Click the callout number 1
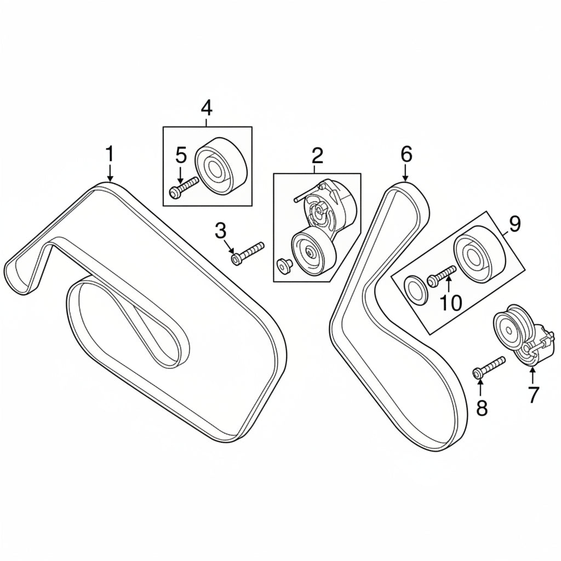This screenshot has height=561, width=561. pyautogui.click(x=110, y=154)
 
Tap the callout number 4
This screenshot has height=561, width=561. pyautogui.click(x=207, y=108)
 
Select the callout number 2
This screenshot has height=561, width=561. pyautogui.click(x=317, y=155)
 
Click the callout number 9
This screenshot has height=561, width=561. pyautogui.click(x=514, y=224)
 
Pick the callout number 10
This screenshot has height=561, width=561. pyautogui.click(x=450, y=304)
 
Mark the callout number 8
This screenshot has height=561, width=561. pyautogui.click(x=482, y=408)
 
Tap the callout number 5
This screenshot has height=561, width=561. pyautogui.click(x=181, y=156)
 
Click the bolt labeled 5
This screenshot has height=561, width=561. pyautogui.click(x=184, y=187)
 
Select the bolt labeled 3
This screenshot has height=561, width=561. pyautogui.click(x=248, y=253)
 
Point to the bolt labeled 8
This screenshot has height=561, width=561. pyautogui.click(x=489, y=366)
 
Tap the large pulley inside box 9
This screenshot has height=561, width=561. pyautogui.click(x=480, y=254)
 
